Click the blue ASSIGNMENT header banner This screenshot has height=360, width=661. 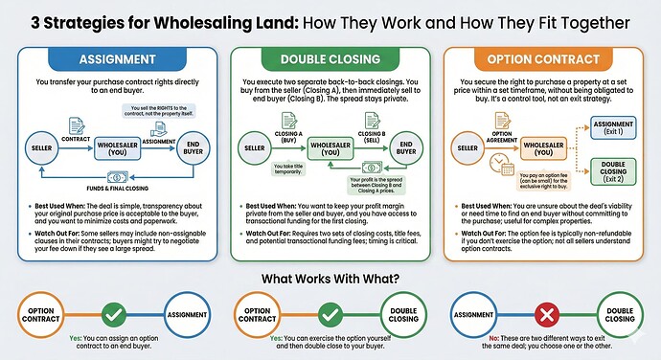coord(110,58)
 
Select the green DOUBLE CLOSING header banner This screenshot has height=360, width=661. coord(330,58)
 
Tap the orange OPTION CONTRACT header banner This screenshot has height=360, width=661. coord(549,58)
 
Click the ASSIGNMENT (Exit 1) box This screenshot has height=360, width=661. coord(617,127)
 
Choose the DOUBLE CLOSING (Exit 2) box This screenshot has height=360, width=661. coord(617,170)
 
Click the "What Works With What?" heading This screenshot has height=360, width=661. coord(330,279)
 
